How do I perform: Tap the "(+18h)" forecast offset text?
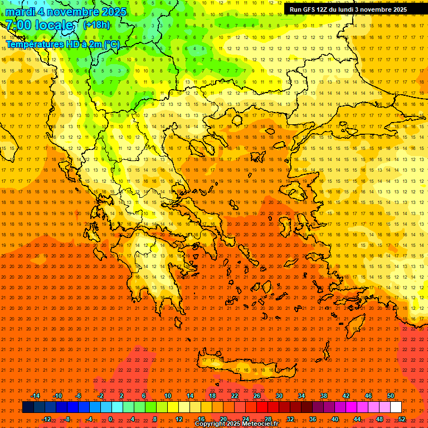coord(96,25)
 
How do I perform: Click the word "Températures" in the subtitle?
coord(33,44)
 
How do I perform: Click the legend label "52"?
coord(402,419)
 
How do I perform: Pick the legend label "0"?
coord(110,419)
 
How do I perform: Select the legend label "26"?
coord(257,396)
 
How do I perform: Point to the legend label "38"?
coord(324,396)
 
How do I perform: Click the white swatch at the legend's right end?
coord(396,407)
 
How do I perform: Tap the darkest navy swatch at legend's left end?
coord(28,407)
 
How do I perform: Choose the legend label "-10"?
coord(57,396)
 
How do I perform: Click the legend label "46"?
coord(368,396)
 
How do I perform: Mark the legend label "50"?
coord(390,396)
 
